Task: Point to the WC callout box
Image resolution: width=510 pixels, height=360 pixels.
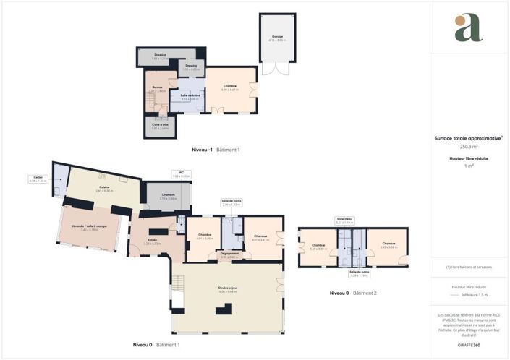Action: (181, 174)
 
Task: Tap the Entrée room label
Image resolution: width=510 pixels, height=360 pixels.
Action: (153, 241)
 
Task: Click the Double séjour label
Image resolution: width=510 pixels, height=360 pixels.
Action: (228, 290)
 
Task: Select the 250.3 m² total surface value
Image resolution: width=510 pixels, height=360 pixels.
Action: (469, 146)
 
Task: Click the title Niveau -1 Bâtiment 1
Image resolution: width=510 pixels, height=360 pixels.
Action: (215, 150)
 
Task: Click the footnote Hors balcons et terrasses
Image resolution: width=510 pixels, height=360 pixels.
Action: (469, 267)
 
